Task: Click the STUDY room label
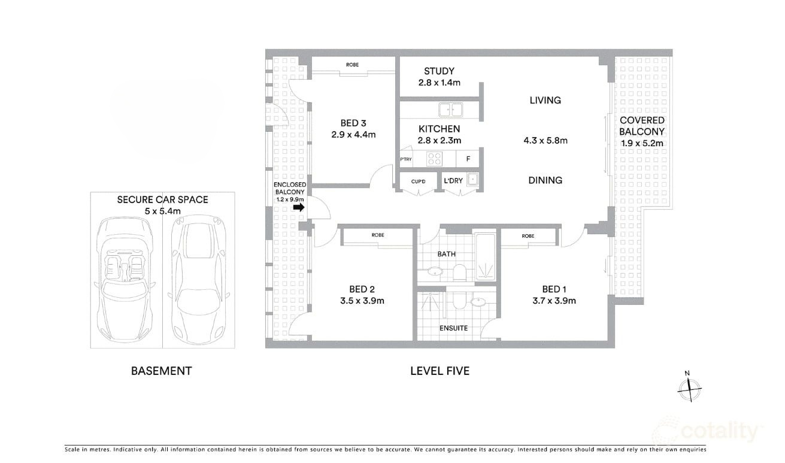pos(439,71)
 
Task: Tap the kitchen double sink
pos(451,110)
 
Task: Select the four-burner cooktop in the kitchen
pos(434,159)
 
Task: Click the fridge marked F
pos(468,159)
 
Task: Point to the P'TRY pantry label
pos(406,159)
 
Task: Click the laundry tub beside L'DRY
pos(472,180)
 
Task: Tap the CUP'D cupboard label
pos(418,181)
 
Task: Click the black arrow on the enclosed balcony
pos(299,207)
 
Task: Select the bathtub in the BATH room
pos(485,256)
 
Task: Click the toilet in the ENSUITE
pos(459,300)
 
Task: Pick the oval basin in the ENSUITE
pos(478,301)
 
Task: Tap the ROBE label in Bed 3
pos(352,65)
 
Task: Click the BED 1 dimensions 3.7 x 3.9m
pos(554,301)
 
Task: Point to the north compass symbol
pos(689,388)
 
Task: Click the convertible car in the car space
pos(125,279)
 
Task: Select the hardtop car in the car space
pos(199,279)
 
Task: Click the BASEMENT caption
pos(162,371)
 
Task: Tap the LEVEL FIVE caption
pos(440,371)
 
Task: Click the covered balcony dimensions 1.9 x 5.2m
pos(642,143)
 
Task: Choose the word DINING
pos(545,180)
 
